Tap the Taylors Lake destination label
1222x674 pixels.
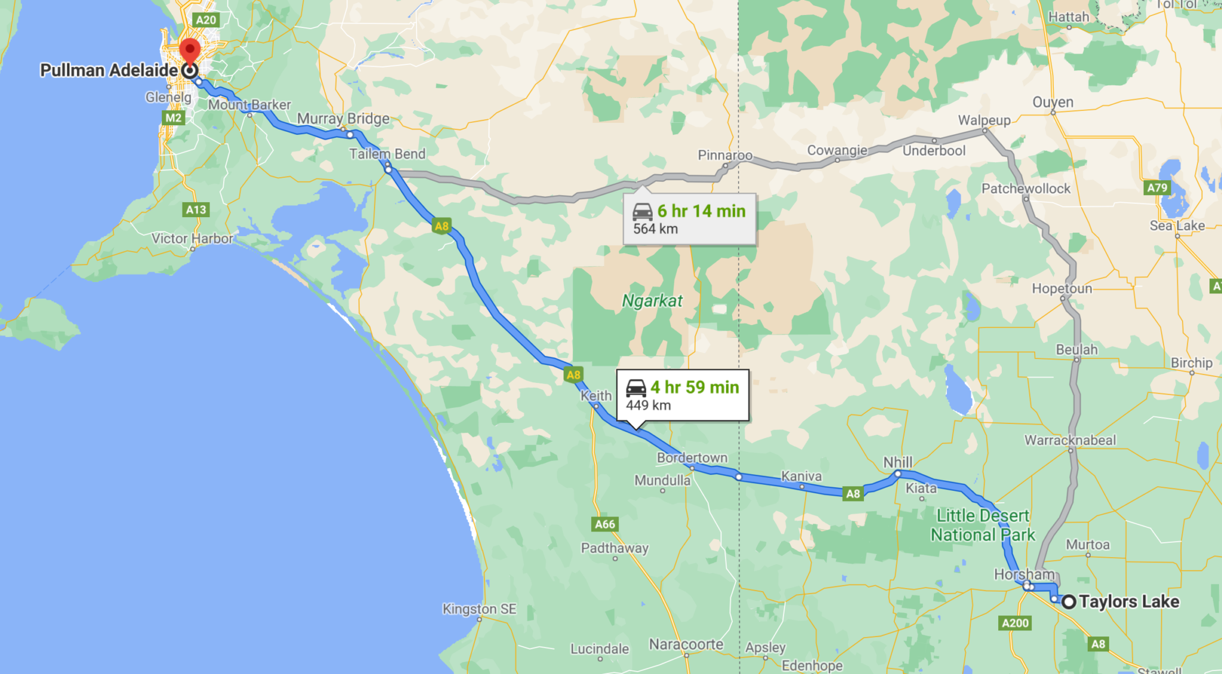pyautogui.click(x=1128, y=601)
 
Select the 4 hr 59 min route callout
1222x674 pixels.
pyautogui.click(x=683, y=395)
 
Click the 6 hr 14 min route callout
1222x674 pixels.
pyautogui.click(x=690, y=219)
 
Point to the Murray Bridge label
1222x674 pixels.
pyautogui.click(x=343, y=118)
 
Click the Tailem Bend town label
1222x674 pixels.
pyautogui.click(x=387, y=153)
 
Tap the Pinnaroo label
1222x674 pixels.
pyautogui.click(x=725, y=155)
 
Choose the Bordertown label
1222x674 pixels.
pyautogui.click(x=692, y=457)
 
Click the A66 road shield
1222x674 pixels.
pyautogui.click(x=605, y=524)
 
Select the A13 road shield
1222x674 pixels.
pyautogui.click(x=196, y=209)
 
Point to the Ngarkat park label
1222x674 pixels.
pyautogui.click(x=652, y=301)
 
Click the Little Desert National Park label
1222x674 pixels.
pyautogui.click(x=983, y=525)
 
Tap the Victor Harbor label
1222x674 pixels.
pyautogui.click(x=192, y=239)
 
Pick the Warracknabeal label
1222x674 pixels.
pyautogui.click(x=1070, y=440)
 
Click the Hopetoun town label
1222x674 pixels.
pyautogui.click(x=1062, y=289)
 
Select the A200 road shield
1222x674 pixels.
pyautogui.click(x=1015, y=623)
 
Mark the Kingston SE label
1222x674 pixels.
pyautogui.click(x=479, y=609)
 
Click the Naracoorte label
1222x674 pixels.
pyautogui.click(x=686, y=644)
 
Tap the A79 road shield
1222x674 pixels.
pyautogui.click(x=1157, y=188)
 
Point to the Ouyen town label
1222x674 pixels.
pyautogui.click(x=1053, y=102)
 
